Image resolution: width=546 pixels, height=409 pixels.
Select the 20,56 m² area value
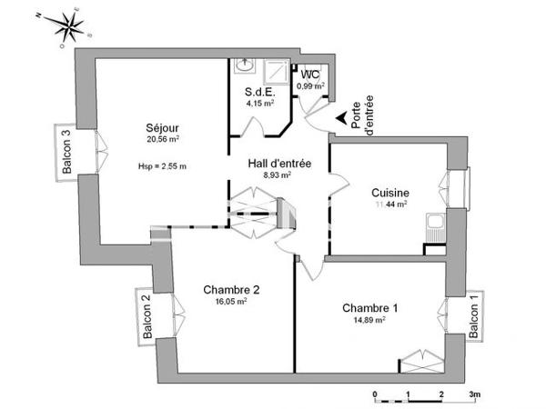pos(162,140)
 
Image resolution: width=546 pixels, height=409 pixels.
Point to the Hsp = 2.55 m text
pos(162,165)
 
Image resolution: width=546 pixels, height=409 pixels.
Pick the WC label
pos(309,75)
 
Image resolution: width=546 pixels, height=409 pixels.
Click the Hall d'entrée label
pos(280,164)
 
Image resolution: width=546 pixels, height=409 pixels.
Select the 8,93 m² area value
pos(280,175)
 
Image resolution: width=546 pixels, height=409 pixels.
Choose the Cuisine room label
pos(389,193)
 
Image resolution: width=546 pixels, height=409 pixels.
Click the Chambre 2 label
pos(232,290)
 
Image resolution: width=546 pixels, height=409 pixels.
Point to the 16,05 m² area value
pos(231,302)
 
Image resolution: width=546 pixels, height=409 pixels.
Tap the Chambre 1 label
pos(369,307)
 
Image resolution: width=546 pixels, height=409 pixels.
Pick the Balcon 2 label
pos(146,314)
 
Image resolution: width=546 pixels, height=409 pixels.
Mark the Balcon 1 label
pos(474,315)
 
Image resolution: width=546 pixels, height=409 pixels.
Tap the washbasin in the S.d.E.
pos(244,66)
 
